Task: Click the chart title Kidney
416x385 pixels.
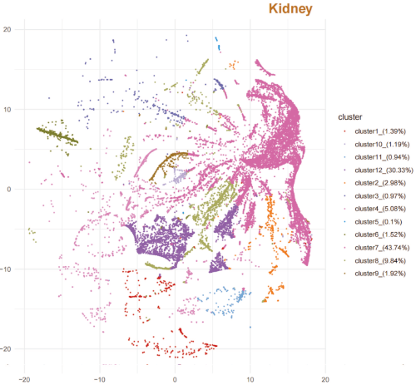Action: (289, 9)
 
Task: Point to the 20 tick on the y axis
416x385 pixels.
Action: (6, 29)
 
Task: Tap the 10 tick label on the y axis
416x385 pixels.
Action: (6, 109)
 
